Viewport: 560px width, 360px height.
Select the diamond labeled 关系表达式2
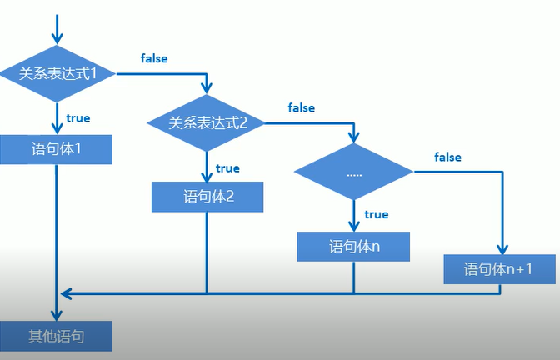(207, 122)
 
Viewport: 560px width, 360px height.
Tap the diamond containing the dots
(353, 172)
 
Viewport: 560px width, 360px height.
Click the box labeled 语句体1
(57, 149)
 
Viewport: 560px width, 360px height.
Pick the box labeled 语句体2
(207, 197)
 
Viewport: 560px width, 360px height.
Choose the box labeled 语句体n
(353, 246)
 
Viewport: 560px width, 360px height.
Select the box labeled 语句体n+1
(498, 268)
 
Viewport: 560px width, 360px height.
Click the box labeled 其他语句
(57, 336)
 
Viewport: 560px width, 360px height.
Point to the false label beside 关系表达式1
(154, 59)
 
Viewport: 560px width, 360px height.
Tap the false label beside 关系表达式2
(301, 108)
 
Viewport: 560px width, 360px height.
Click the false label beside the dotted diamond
(447, 157)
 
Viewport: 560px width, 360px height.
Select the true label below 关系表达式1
(78, 118)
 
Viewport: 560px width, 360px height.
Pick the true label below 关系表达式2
(227, 168)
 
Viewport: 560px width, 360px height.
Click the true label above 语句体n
(377, 214)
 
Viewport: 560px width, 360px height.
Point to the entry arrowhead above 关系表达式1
(57, 37)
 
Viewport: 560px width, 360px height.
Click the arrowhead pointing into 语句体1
(57, 128)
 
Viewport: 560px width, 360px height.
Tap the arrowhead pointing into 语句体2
(207, 177)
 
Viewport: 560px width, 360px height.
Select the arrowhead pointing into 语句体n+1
(502, 249)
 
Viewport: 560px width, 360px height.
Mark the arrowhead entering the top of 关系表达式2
(207, 87)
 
